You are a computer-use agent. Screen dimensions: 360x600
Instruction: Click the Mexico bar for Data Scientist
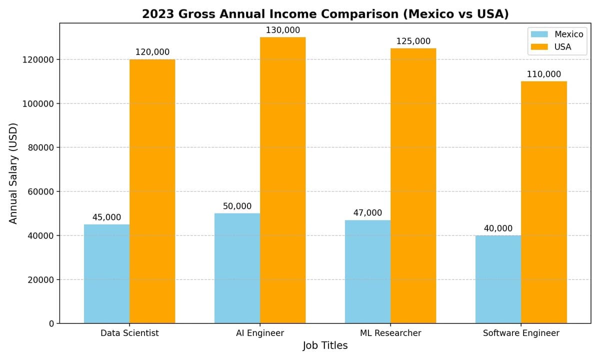pyautogui.click(x=106, y=273)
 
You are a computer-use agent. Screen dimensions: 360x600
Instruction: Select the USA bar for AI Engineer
pyautogui.click(x=282, y=180)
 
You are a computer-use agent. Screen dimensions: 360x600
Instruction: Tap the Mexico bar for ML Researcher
pyautogui.click(x=367, y=271)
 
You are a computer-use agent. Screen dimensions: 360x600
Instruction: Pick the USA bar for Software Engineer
pyautogui.click(x=543, y=202)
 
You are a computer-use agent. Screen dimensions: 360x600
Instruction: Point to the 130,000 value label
pyautogui.click(x=282, y=30)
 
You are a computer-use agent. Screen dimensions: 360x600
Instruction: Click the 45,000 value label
pyautogui.click(x=106, y=217)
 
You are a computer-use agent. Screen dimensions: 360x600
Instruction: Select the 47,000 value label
pyautogui.click(x=367, y=213)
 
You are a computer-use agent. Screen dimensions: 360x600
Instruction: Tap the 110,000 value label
pyautogui.click(x=543, y=74)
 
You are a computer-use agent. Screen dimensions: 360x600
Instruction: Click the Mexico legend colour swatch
pyautogui.click(x=539, y=34)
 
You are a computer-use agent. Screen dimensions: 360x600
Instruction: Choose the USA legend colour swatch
pyautogui.click(x=539, y=47)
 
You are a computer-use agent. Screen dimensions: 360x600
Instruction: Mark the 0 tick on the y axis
pyautogui.click(x=51, y=323)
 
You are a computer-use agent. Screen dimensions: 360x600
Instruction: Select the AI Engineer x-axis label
pyautogui.click(x=260, y=333)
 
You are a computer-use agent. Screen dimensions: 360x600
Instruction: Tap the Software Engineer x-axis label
pyautogui.click(x=521, y=333)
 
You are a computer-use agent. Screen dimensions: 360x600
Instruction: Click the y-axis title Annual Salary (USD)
pyautogui.click(x=13, y=173)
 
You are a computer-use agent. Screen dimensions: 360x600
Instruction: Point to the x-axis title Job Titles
pyautogui.click(x=325, y=345)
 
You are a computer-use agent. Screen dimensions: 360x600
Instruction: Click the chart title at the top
pyautogui.click(x=325, y=14)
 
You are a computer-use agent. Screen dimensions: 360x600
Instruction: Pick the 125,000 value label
pyautogui.click(x=413, y=41)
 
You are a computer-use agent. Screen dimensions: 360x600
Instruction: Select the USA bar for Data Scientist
pyautogui.click(x=152, y=191)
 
